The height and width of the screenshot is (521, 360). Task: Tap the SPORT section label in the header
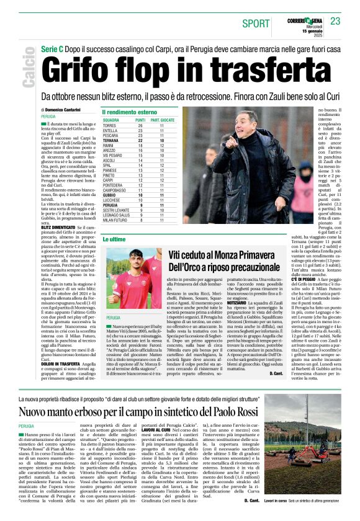(256, 23)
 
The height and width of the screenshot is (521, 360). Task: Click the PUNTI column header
(140, 120)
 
